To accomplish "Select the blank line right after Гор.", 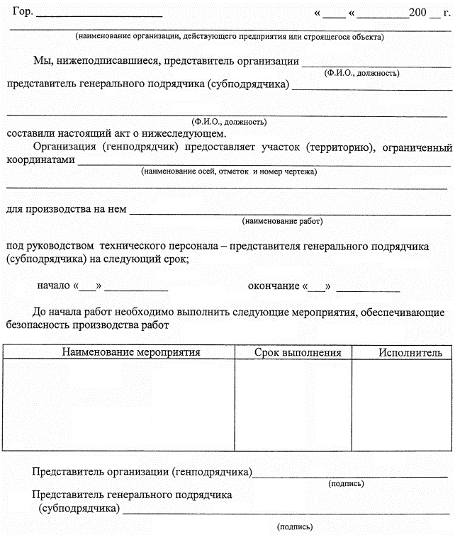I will pyautogui.click(x=99, y=15).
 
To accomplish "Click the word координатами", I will pyautogui.click(x=40, y=161).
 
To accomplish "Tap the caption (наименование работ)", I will pyautogui.click(x=282, y=221).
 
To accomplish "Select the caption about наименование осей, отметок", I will pyautogui.click(x=229, y=172).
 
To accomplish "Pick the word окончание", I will pyautogui.click(x=274, y=286).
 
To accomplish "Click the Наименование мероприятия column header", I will pyautogui.click(x=131, y=352).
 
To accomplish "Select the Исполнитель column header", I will pyautogui.click(x=410, y=352).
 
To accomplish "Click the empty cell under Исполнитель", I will pyautogui.click(x=403, y=404).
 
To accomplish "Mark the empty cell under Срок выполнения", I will pyautogui.click(x=293, y=404).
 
